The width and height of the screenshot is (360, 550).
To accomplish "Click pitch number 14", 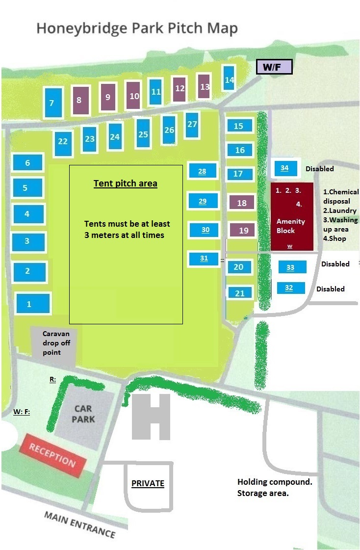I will coord(229,79).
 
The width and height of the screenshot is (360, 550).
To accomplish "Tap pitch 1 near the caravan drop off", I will coord(32,303).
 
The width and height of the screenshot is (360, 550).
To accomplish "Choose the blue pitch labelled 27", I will coord(192,125).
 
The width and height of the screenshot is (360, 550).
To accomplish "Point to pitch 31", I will coord(204,259).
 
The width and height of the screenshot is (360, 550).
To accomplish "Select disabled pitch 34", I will coord(285,168).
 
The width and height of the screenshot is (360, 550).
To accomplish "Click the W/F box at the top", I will coord(275,67).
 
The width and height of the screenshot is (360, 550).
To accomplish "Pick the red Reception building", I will coord(52,456).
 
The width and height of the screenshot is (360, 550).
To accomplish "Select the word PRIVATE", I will coord(148,483).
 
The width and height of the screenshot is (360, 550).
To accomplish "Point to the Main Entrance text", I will coord(80,524).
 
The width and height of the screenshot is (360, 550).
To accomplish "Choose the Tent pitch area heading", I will coord(126,184).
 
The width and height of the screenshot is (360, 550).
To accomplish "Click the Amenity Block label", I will coord(291,226).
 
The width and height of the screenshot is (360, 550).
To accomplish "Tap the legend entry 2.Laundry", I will coord(339,210).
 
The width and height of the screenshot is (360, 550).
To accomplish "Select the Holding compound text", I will coord(275,482).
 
